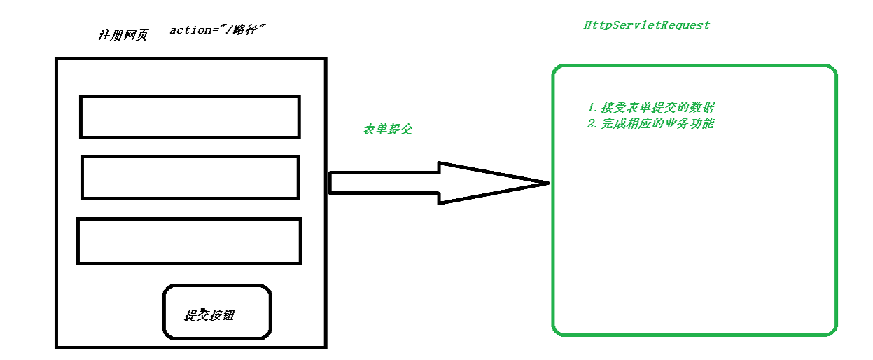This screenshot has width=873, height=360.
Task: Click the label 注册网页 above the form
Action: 123,36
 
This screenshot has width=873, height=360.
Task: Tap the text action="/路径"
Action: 217,31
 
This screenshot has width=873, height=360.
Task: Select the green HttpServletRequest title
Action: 647,25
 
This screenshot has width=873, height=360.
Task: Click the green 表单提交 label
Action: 387,129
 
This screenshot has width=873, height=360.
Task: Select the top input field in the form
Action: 190,117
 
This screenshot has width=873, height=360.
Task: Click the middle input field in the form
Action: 190,177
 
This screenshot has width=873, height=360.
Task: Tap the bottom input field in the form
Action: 189,241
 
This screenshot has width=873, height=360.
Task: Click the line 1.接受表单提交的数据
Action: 651,108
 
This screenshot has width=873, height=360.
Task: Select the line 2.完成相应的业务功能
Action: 651,124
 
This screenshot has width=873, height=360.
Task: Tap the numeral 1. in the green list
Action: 592,109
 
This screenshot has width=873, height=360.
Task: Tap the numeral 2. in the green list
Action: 592,125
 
